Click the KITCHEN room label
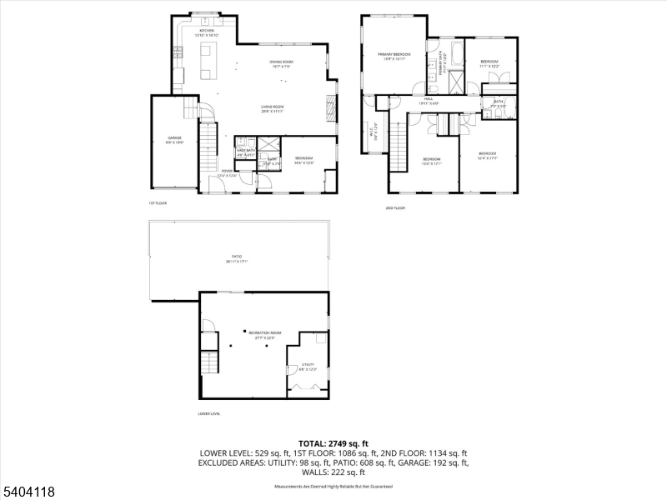194,31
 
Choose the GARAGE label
174,138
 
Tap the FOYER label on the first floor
227,172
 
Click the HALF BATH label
245,151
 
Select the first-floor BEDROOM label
303,159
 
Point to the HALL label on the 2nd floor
429,99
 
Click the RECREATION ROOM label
264,333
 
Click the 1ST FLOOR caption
158,202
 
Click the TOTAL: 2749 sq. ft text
333,443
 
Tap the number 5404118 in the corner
28,492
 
